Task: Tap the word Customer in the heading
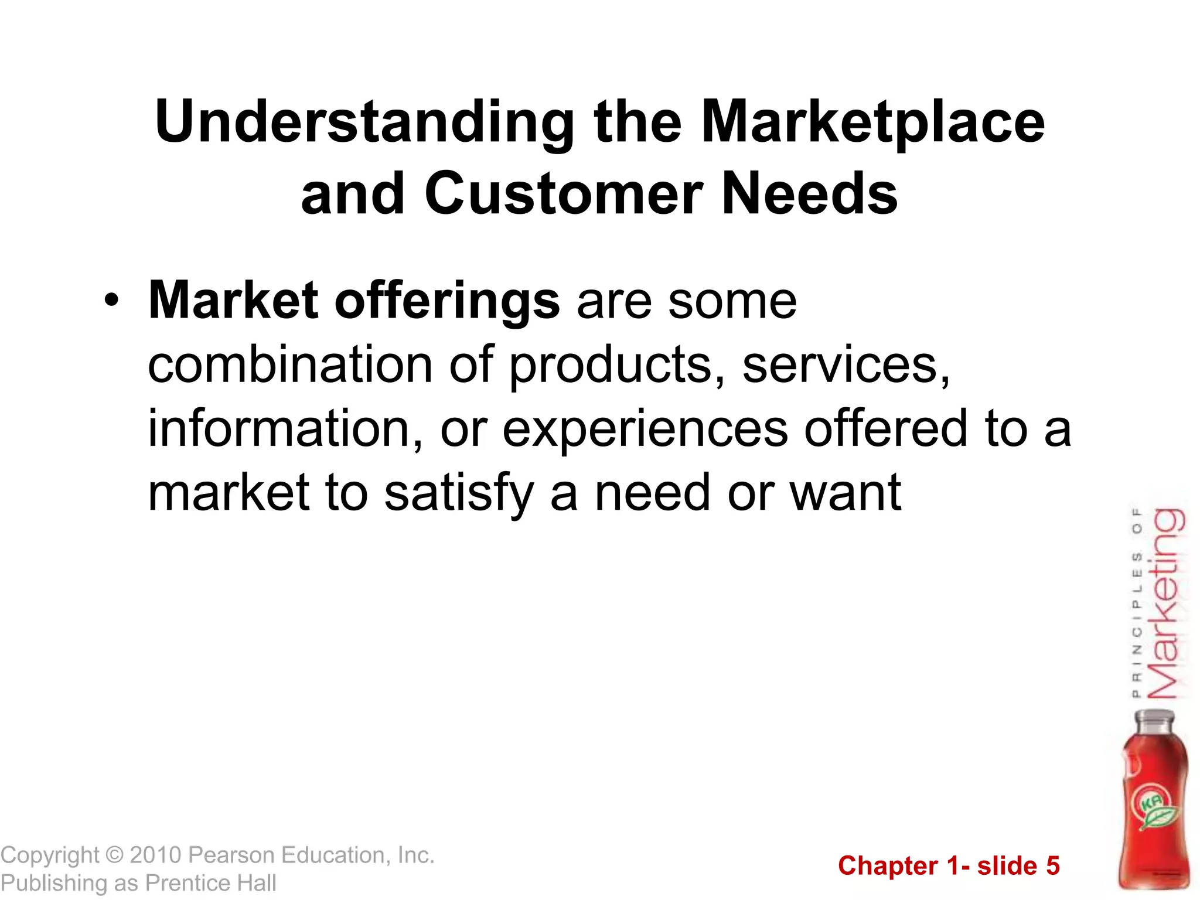[x=563, y=194]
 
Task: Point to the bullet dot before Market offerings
[x=111, y=301]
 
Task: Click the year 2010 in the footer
[x=155, y=855]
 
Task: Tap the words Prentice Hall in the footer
[x=211, y=883]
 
